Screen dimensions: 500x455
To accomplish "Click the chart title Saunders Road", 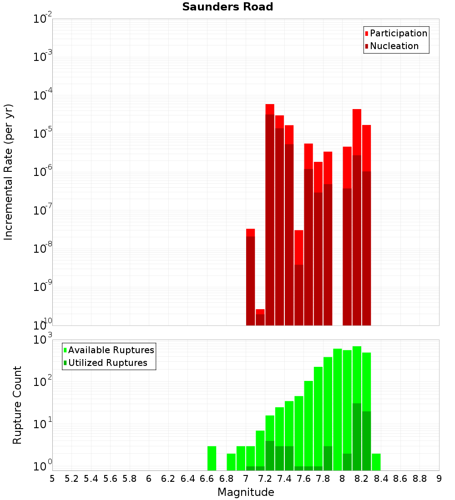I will point(227,7).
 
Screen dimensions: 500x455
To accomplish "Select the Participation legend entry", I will point(396,34).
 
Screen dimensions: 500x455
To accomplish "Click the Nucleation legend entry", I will point(391,46).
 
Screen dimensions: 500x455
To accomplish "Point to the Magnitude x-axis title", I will point(246,492).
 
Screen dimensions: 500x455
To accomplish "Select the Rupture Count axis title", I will point(17,405).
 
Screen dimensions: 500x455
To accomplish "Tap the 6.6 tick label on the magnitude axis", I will point(207,479).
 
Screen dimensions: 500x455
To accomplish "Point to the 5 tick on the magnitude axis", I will point(52,479).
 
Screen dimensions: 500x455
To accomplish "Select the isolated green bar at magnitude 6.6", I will point(212,458).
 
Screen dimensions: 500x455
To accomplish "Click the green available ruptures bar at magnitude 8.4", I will point(376,462).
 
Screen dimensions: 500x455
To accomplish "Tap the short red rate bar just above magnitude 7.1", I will point(260,317).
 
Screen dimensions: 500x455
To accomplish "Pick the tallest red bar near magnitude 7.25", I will point(270,214).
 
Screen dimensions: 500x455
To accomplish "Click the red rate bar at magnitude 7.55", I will point(298,277).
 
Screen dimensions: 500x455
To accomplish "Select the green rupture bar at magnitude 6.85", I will point(231,462).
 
